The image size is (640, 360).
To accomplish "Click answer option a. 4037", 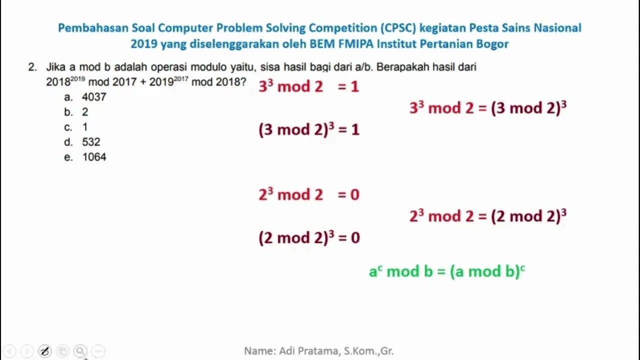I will (85, 97).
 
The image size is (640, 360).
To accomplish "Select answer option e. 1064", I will (85, 157).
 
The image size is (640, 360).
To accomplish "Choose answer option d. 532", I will (82, 142).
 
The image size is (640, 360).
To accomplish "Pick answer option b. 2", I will (76, 112).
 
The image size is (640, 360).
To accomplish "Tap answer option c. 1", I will (76, 127).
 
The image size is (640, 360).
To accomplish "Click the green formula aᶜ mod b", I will (446, 271).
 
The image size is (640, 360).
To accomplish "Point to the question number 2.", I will (32, 67).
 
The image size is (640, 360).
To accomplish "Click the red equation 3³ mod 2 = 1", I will (308, 86).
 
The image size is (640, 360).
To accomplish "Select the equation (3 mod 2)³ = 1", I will (308, 130).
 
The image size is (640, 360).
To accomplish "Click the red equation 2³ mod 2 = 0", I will (308, 194).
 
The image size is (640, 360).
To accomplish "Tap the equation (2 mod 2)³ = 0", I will (308, 237).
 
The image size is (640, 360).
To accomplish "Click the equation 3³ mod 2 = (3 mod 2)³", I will (487, 108).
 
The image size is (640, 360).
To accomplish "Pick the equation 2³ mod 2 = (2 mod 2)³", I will (487, 216).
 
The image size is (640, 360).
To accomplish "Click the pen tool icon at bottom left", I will (44, 351).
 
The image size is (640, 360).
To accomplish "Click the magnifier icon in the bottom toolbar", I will (80, 351).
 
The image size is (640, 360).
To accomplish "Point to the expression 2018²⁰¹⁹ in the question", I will (65, 81).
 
